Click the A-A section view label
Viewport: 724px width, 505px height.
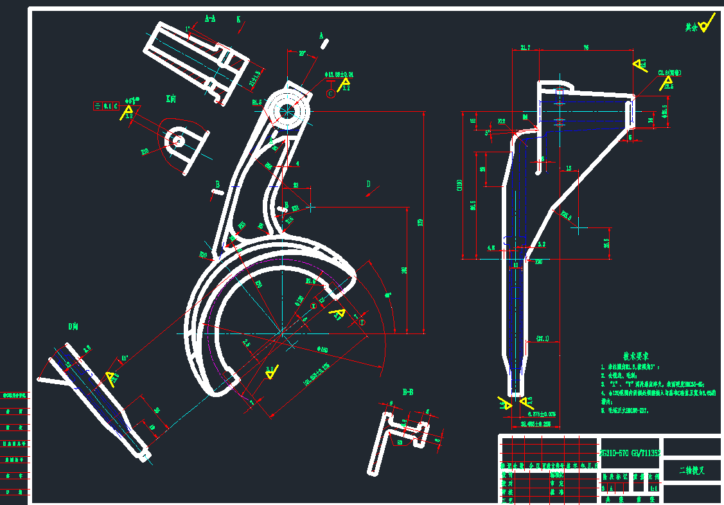[x=210, y=19]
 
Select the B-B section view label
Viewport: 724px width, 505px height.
[x=407, y=391]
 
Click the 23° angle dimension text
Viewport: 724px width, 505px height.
[x=302, y=53]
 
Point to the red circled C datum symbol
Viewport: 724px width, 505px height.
[x=331, y=94]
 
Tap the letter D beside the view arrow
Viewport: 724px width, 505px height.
[x=368, y=184]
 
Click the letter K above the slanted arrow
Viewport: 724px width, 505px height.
[x=238, y=20]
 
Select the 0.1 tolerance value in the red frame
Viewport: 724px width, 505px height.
[x=107, y=106]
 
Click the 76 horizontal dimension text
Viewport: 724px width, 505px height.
[x=586, y=48]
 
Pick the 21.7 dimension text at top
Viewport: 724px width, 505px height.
[x=525, y=48]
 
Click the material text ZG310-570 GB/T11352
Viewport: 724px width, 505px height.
[x=630, y=453]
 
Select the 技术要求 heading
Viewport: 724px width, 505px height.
[x=636, y=355]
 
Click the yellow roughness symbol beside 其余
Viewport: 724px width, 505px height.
[x=706, y=25]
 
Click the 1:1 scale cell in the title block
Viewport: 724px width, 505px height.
[x=653, y=488]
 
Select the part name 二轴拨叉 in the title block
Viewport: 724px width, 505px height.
[x=692, y=470]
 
